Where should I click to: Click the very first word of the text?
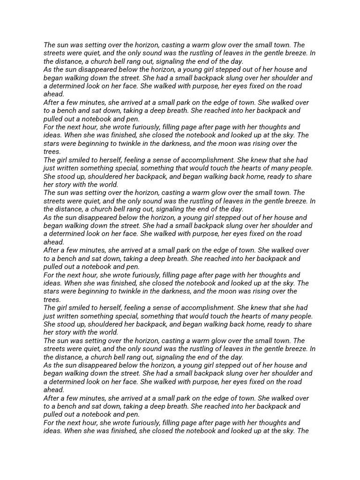[x=49, y=45]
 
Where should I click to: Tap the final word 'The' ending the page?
[x=302, y=431]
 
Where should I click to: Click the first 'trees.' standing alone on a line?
[x=52, y=152]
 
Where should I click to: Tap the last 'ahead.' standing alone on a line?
[x=54, y=390]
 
